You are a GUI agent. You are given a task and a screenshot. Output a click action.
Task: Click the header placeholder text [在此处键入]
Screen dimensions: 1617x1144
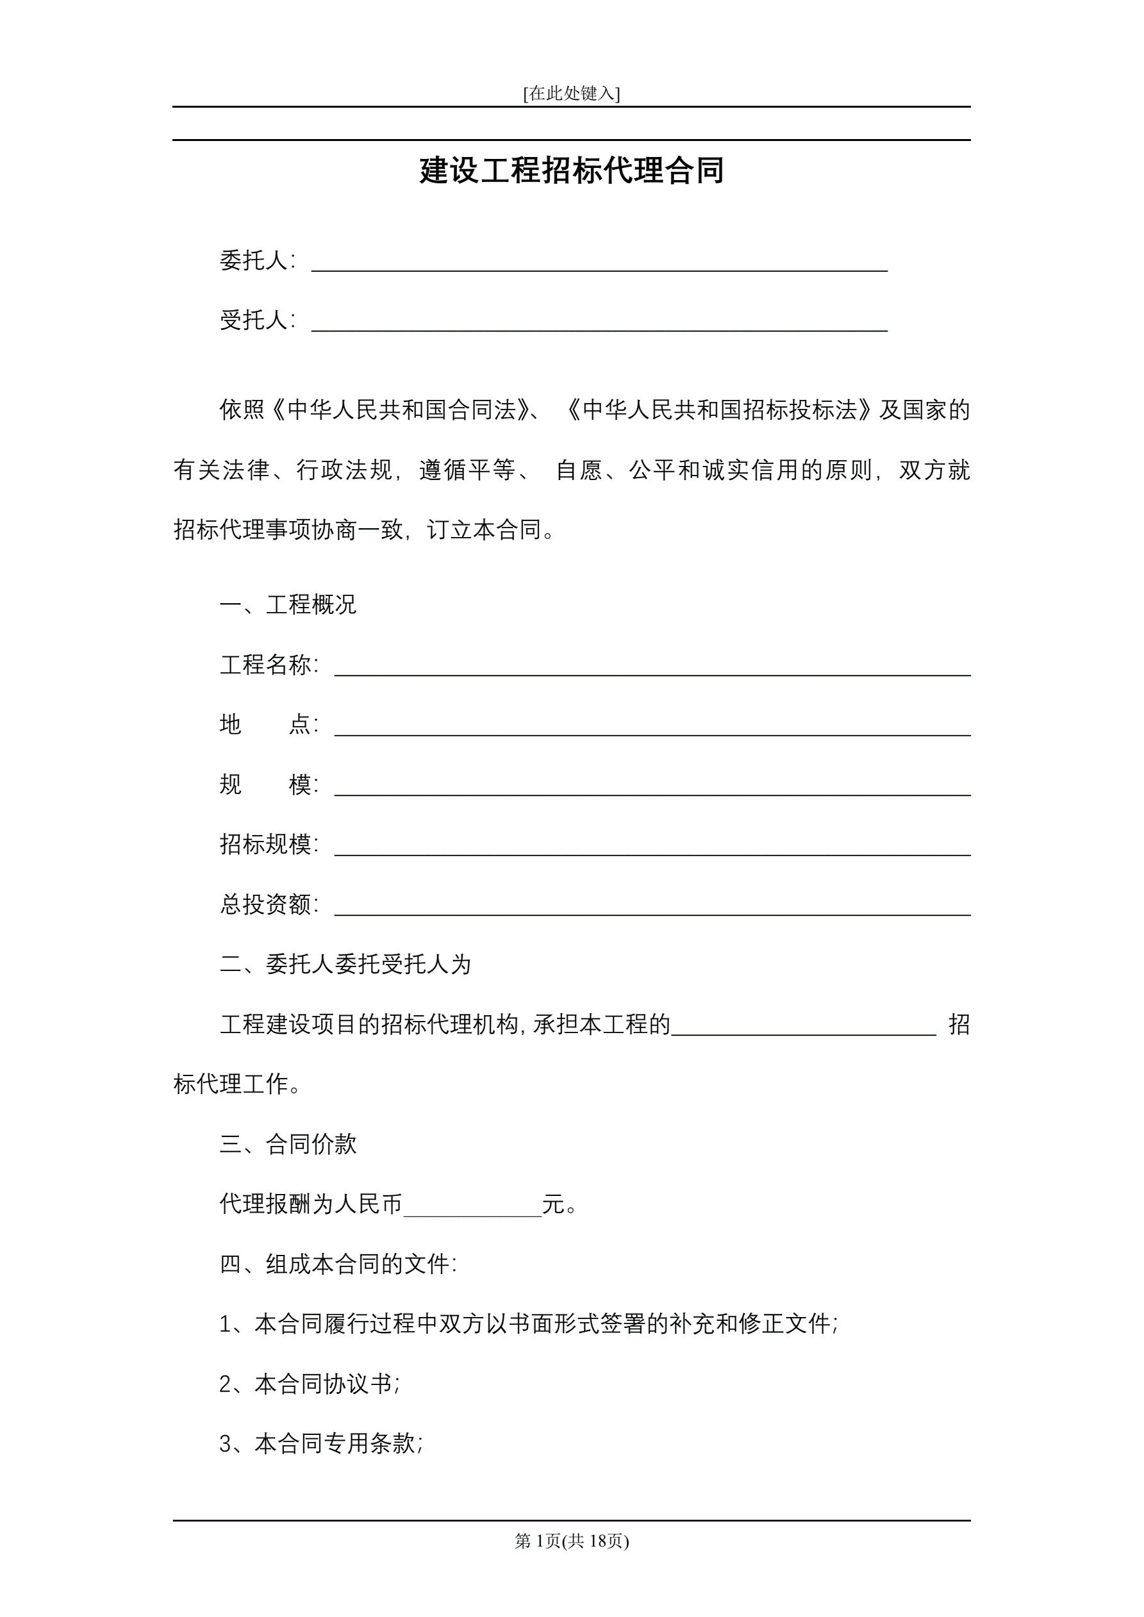pyautogui.click(x=571, y=93)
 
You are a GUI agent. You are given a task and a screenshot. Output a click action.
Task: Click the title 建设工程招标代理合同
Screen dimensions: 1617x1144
pyautogui.click(x=571, y=170)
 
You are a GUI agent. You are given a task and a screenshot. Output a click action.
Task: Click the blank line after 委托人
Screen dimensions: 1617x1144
pyautogui.click(x=599, y=265)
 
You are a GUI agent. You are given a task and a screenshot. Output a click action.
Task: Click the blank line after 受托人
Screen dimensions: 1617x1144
pyautogui.click(x=599, y=324)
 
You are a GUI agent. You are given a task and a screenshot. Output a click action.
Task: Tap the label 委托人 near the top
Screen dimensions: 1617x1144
pyautogui.click(x=254, y=261)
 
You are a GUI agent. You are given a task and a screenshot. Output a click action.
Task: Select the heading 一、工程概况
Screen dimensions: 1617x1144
pyautogui.click(x=288, y=604)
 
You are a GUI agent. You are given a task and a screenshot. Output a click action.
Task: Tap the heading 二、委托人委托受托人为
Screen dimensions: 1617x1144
pyautogui.click(x=345, y=964)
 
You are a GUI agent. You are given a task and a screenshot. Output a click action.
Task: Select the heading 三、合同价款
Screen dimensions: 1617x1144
pyautogui.click(x=288, y=1144)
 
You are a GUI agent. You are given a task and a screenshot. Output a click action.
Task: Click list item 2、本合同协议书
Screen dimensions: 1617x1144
pyautogui.click(x=310, y=1384)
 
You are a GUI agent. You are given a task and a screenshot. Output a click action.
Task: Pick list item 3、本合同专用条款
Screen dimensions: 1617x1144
pyautogui.click(x=321, y=1444)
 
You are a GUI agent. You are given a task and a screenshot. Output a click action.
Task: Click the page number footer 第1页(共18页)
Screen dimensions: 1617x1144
pyautogui.click(x=571, y=1541)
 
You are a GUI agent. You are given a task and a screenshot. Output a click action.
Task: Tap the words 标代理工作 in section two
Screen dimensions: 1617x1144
pyautogui.click(x=233, y=1084)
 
